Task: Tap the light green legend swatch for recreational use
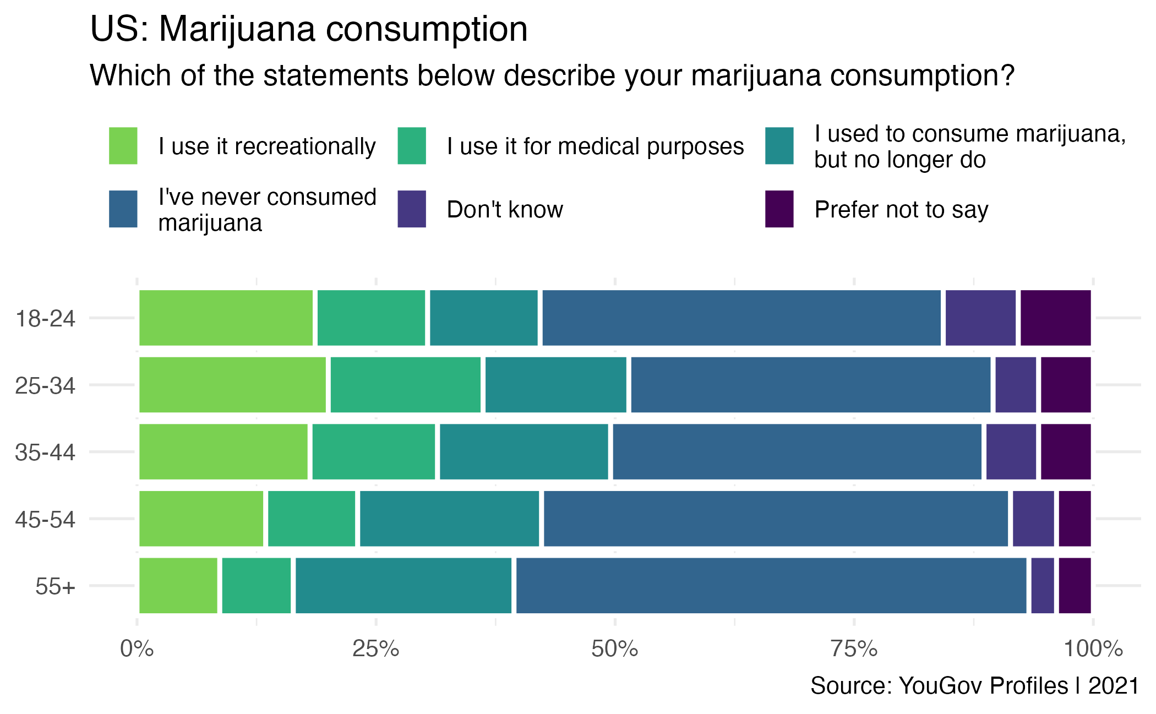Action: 123,146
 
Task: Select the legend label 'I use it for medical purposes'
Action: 595,146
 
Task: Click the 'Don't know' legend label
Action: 505,210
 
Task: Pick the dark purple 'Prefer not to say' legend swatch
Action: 779,209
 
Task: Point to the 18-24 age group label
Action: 45,319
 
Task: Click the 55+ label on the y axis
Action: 55,586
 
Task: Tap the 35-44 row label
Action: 45,453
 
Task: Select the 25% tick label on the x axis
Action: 375,649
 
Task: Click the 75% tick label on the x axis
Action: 854,649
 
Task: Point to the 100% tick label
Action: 1093,649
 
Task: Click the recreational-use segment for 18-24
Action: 226,318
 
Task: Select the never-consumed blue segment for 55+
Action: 771,586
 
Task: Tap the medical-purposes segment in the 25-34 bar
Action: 405,385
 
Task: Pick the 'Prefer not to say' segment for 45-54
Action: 1075,519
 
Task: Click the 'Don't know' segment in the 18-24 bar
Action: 980,318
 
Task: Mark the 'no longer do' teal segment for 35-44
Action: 524,452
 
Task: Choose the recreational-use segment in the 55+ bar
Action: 178,586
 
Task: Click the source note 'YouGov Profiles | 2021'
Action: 974,686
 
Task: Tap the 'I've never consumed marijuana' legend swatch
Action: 123,209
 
